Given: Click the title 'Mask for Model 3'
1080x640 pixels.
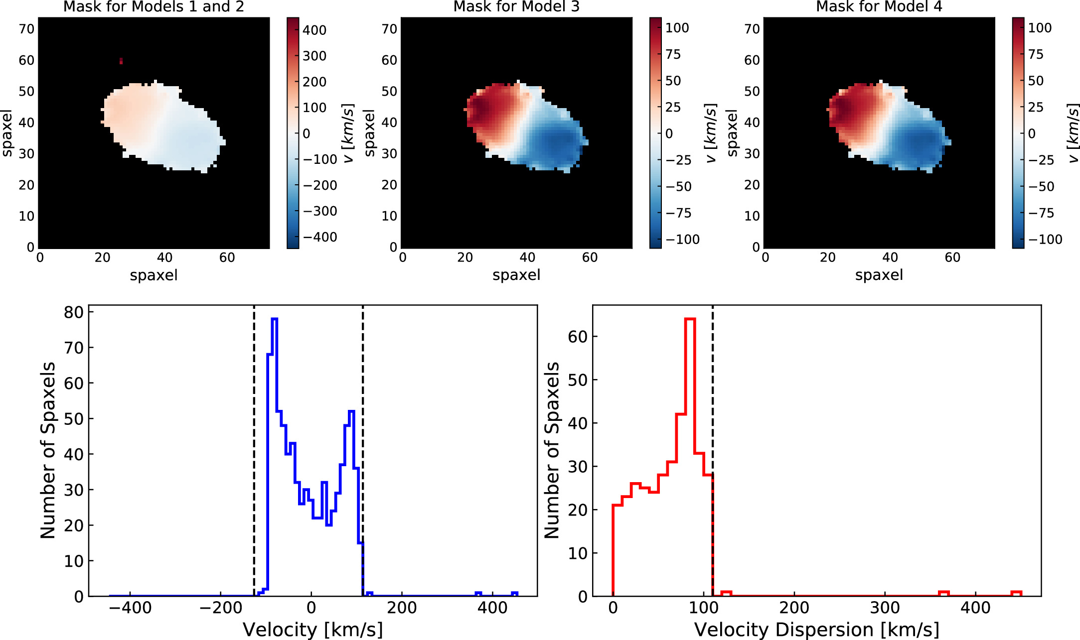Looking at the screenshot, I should click(516, 6).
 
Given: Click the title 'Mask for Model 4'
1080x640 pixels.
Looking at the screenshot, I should click(879, 6).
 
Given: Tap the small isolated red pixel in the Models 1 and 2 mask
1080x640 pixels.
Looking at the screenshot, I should click(121, 61).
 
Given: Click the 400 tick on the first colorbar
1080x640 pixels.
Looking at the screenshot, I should click(314, 30).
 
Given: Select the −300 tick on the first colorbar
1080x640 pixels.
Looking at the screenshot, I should click(320, 211).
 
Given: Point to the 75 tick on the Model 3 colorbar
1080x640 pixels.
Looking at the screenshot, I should click(673, 54).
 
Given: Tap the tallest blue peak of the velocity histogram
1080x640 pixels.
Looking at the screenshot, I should click(274, 319).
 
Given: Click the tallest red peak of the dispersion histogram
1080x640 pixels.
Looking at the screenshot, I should click(690, 319).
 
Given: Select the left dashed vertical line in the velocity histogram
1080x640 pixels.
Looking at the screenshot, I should click(254, 448).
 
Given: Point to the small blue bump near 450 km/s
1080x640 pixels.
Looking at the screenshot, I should click(515, 593).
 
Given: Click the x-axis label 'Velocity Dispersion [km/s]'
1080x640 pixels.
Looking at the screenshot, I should click(816, 630).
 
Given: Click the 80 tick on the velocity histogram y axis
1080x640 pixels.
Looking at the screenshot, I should click(73, 312).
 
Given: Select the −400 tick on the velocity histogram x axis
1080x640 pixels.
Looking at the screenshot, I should click(130, 608).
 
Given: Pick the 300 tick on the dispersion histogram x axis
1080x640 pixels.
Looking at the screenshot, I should click(885, 608).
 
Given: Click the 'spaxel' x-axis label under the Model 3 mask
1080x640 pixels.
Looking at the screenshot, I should click(516, 275).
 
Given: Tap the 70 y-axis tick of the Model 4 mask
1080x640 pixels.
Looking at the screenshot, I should click(752, 29).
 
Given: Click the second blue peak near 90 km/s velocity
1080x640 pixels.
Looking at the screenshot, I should click(351, 412).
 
